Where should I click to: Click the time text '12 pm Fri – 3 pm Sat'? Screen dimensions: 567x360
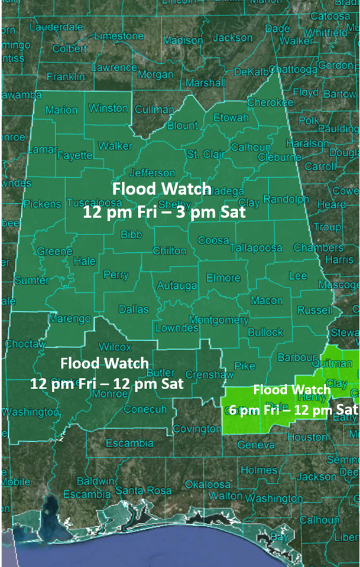164,211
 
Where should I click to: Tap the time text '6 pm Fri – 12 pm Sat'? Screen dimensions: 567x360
290,409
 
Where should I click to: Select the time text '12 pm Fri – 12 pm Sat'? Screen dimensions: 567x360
107,383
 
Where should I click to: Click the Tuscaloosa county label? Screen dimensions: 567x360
89,203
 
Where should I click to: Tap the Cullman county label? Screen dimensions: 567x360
154,109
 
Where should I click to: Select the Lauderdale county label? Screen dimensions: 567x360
56,27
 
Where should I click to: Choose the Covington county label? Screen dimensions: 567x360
197,428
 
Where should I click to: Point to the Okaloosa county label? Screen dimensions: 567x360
207,484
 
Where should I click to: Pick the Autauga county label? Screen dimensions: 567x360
176,286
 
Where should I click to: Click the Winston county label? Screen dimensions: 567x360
108,108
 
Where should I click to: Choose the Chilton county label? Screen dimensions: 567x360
170,250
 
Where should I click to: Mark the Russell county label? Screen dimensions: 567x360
315,309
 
